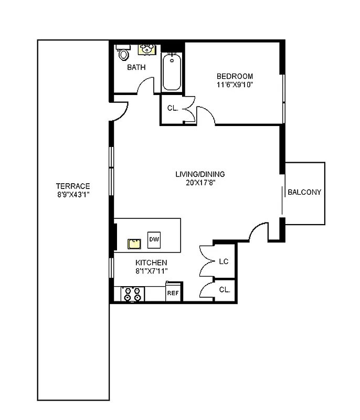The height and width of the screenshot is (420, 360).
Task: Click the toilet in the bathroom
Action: [123, 53]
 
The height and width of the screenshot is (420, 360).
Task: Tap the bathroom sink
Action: [146, 49]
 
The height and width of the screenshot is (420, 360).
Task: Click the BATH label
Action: [136, 67]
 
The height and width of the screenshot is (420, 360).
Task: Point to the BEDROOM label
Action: [235, 76]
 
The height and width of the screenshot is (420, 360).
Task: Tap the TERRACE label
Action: [73, 186]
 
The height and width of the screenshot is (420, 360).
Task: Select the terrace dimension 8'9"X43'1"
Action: [73, 194]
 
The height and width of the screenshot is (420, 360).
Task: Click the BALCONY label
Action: [304, 192]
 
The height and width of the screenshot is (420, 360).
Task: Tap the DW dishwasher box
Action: [154, 239]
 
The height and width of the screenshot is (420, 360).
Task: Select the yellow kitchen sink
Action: [134, 243]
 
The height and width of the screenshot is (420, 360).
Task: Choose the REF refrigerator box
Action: [173, 293]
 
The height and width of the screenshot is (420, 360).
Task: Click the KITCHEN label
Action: [151, 262]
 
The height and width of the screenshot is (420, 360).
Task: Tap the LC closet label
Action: [224, 261]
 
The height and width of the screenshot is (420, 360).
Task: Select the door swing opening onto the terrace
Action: [120, 110]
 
